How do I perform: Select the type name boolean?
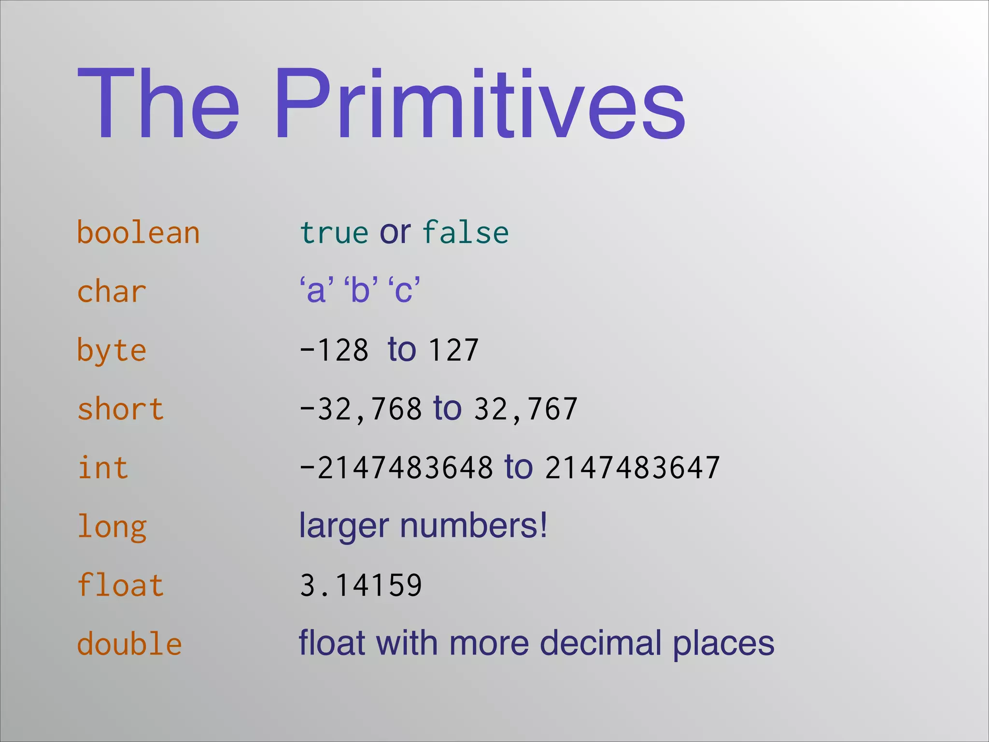coord(138,233)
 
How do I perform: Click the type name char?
coord(112,292)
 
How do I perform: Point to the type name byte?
coord(112,351)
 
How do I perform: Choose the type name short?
coord(121,409)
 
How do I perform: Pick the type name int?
coord(103,468)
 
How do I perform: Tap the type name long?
coord(112,527)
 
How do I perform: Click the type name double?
coord(129,644)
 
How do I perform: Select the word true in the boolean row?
coord(334,233)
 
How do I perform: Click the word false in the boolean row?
coord(466,233)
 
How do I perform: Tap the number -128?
coord(334,350)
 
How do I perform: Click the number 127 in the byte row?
coord(453,350)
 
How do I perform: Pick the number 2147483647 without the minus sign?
coord(633,468)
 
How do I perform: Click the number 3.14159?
coord(361,585)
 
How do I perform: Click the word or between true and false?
coord(395,233)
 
